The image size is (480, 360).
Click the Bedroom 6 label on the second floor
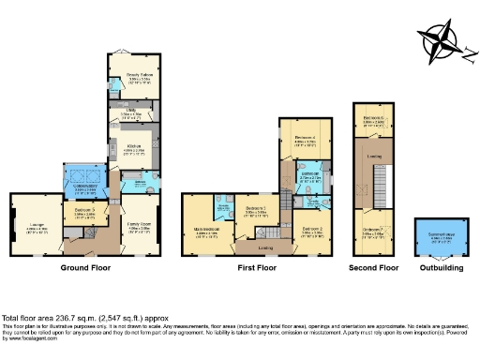click(374, 120)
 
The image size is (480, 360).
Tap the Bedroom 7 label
click(372, 232)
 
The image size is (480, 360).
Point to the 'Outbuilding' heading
click(440, 267)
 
